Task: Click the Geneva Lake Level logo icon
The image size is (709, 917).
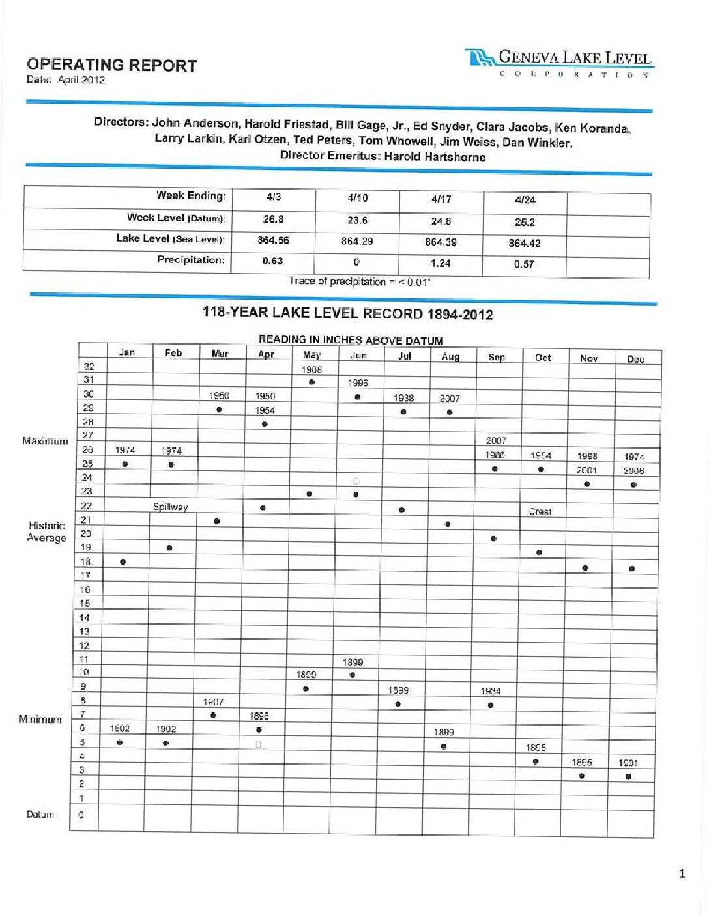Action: (x=481, y=59)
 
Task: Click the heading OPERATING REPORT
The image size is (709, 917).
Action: (x=111, y=65)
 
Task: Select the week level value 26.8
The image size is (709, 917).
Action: (x=273, y=219)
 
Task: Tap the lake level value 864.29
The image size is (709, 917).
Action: (x=357, y=242)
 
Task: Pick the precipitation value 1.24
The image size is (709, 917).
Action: (x=441, y=263)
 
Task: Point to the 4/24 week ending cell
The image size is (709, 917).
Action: (x=525, y=200)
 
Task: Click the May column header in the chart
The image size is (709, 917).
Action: (x=311, y=355)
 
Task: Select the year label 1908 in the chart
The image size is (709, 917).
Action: (x=311, y=369)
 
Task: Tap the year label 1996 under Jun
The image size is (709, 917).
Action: (x=358, y=383)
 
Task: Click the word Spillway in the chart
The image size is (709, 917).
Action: (x=170, y=507)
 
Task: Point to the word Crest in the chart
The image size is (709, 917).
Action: (x=540, y=512)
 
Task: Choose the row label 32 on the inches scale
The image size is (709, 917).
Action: (x=89, y=367)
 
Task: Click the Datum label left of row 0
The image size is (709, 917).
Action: (x=40, y=815)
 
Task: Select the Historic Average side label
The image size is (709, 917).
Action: (x=46, y=531)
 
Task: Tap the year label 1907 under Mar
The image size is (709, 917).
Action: (x=213, y=702)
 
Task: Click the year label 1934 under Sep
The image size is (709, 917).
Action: (x=491, y=691)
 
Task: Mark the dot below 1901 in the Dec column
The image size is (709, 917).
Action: (x=628, y=776)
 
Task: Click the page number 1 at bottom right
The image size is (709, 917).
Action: (x=682, y=874)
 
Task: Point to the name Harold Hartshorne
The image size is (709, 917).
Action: (x=435, y=157)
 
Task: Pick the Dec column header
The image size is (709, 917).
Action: (x=635, y=359)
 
